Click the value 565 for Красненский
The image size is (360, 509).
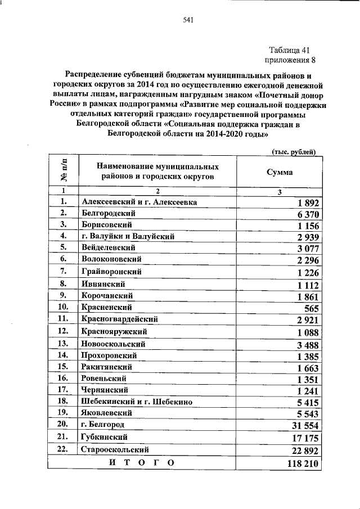tap(311, 308)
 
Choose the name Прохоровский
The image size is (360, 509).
tap(111, 354)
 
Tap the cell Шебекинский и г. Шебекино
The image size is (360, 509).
tap(137, 402)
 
